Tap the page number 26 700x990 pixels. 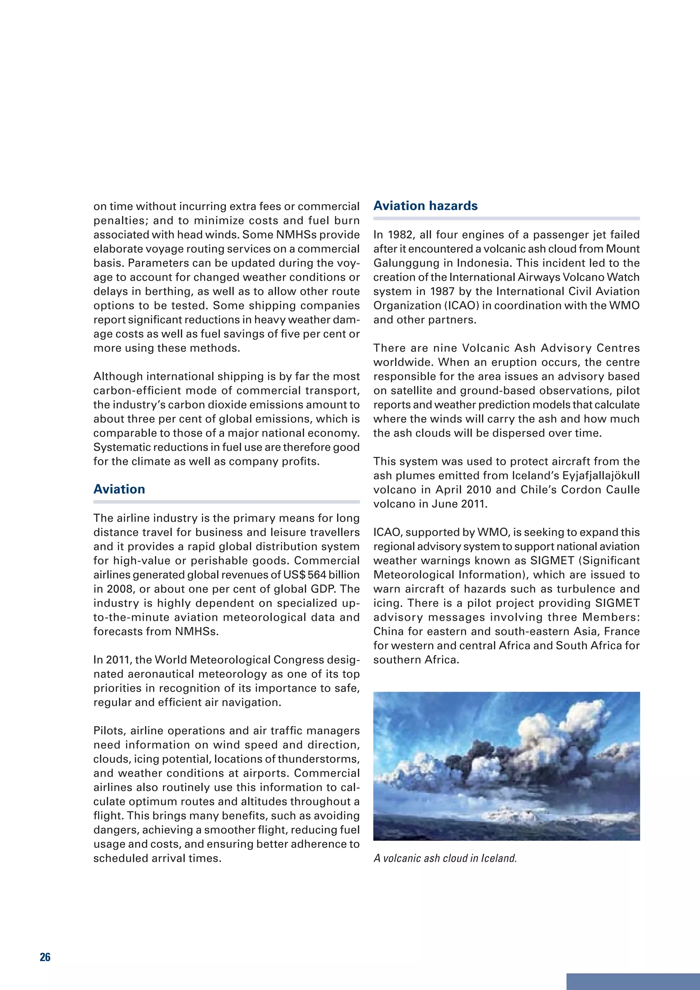coord(45,957)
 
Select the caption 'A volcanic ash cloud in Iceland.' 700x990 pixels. coord(445,858)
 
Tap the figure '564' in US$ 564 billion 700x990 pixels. coord(317,575)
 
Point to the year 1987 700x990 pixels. coord(443,292)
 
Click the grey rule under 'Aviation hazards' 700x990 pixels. coord(506,218)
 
